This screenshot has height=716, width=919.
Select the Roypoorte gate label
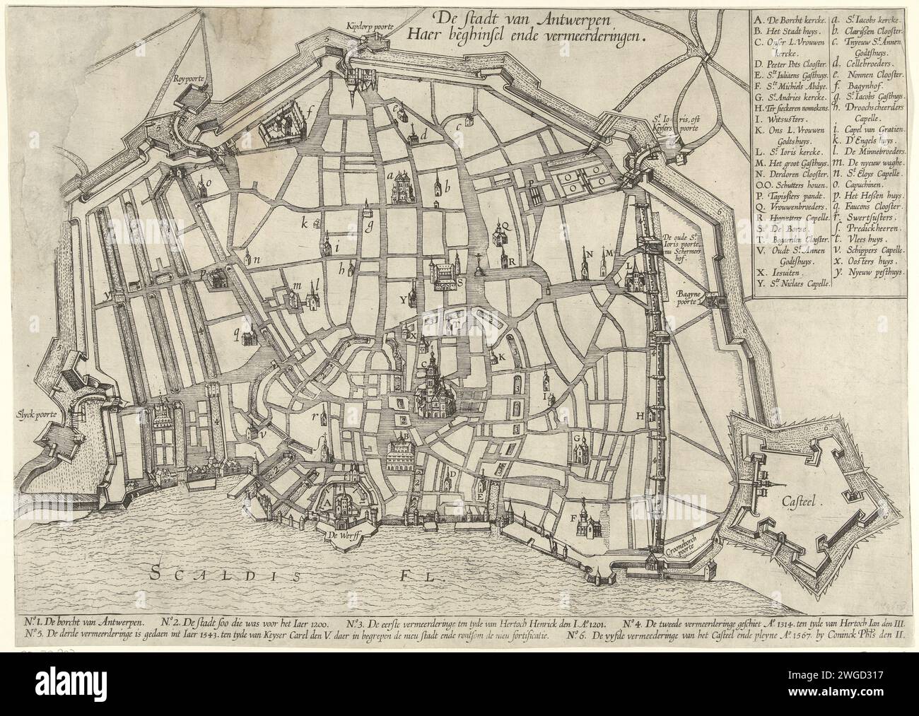point(187,79)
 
